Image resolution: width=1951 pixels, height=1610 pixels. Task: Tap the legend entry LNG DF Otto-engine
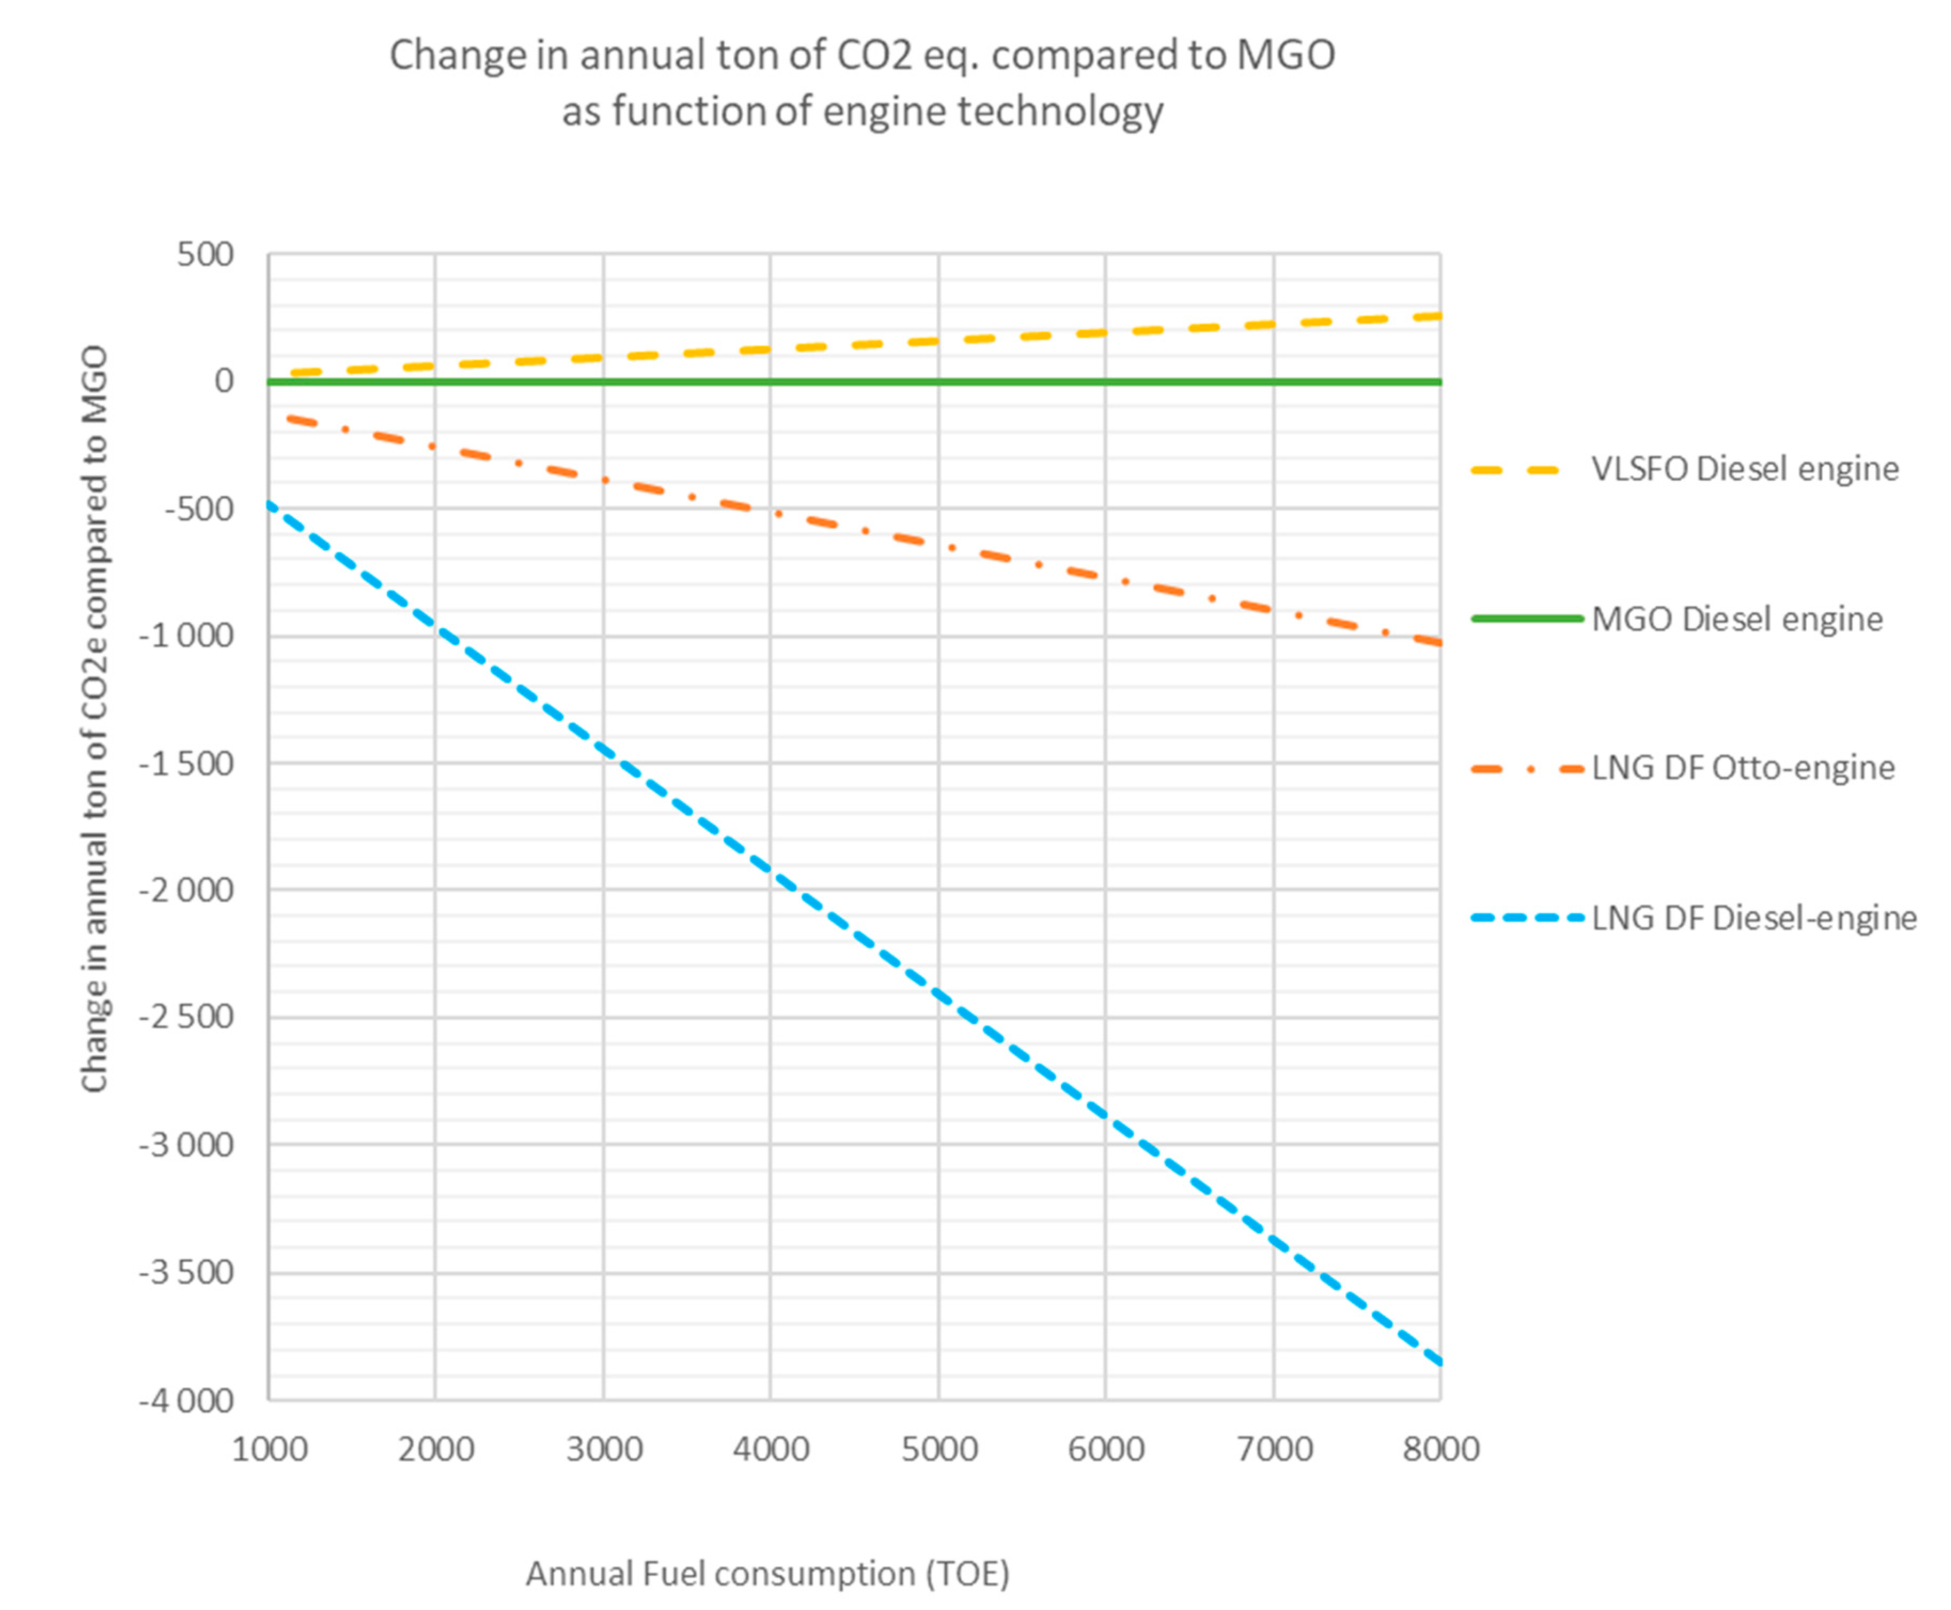(x=1742, y=768)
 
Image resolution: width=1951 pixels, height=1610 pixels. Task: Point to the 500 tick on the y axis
(x=205, y=254)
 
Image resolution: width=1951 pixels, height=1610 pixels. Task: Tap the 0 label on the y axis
(x=223, y=381)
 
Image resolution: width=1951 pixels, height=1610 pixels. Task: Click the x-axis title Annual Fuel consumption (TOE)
(x=767, y=1574)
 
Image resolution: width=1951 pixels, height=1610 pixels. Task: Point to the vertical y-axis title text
(x=95, y=719)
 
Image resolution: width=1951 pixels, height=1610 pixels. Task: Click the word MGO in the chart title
(x=1285, y=56)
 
